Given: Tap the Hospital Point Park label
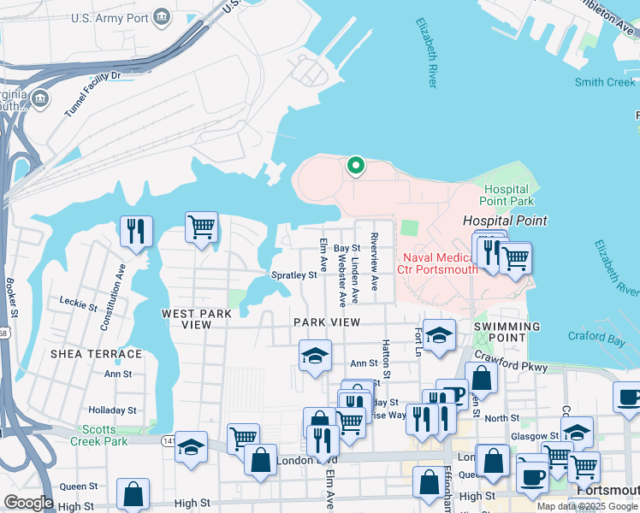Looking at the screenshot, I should [x=508, y=196].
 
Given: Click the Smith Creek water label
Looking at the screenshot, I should [x=605, y=82].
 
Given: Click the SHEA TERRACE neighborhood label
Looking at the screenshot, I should [x=96, y=354].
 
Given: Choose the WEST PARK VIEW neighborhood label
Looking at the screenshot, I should [x=198, y=320].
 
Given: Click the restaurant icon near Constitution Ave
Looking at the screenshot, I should [x=136, y=231].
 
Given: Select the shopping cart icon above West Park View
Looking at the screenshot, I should [x=201, y=227].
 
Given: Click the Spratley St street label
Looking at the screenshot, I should [x=293, y=275].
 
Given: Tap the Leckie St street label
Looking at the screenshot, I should [x=80, y=301].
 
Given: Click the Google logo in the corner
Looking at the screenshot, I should [x=28, y=503].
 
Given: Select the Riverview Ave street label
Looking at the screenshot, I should [x=374, y=262].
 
